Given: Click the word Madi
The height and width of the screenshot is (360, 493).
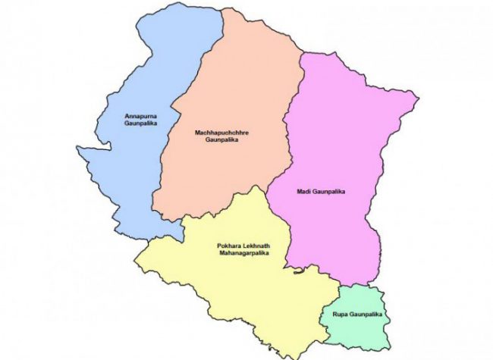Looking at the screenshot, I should pyautogui.click(x=304, y=192).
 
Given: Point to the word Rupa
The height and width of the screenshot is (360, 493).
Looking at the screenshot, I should pyautogui.click(x=339, y=313).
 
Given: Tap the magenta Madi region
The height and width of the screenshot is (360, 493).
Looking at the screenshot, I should pyautogui.click(x=341, y=136).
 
